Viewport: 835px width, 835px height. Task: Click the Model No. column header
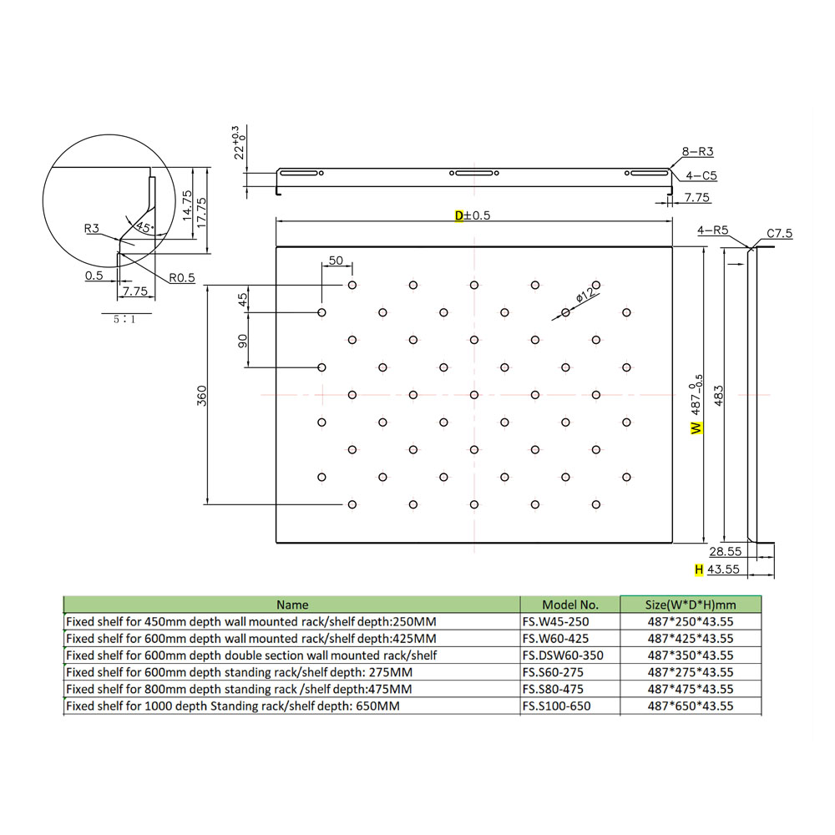(x=569, y=605)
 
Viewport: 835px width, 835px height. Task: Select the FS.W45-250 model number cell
(x=555, y=621)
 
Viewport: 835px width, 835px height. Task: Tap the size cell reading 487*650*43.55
(x=691, y=706)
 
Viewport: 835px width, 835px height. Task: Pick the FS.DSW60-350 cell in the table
(x=563, y=655)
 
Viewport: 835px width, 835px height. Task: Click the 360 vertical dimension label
(x=202, y=396)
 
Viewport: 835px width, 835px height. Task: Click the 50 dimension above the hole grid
(x=336, y=261)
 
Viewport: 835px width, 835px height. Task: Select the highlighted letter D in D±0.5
(x=459, y=215)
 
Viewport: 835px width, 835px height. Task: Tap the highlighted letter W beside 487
(x=696, y=428)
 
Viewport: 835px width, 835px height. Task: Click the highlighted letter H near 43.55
(x=699, y=569)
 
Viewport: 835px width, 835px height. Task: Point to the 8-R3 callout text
(x=697, y=151)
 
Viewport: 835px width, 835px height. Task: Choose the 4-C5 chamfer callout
(x=701, y=175)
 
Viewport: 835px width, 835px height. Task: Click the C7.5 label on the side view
(x=780, y=233)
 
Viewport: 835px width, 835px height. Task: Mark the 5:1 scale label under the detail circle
(x=124, y=320)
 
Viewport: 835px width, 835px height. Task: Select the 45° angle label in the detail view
(x=144, y=227)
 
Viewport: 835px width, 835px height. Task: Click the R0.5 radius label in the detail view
(x=182, y=277)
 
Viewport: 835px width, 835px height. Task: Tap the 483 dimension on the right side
(x=718, y=396)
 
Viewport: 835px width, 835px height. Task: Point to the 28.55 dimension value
(x=726, y=552)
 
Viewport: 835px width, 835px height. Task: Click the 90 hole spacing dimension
(x=242, y=341)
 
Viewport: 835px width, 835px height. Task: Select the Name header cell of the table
(x=292, y=605)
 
